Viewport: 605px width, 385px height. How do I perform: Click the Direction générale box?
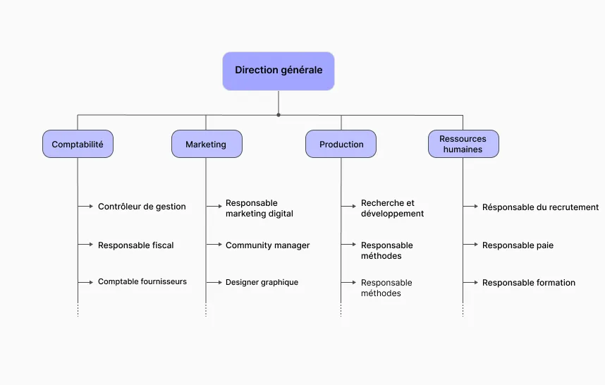[279, 71]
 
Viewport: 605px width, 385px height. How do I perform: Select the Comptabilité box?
[78, 144]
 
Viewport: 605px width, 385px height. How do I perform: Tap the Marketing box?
[207, 144]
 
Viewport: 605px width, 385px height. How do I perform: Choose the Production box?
[341, 144]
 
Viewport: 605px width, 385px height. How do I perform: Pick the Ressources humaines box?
[463, 144]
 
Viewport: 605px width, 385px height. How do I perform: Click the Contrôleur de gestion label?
[142, 207]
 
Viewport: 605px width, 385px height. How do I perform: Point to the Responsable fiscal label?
[136, 245]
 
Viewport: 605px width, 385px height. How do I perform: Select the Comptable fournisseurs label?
[142, 281]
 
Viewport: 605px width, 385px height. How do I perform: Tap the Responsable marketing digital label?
[259, 208]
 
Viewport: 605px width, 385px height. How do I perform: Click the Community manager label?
[267, 245]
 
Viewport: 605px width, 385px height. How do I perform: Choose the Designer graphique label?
[262, 282]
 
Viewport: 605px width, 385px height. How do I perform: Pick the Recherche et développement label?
[392, 208]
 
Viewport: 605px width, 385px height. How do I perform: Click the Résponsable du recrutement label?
[540, 207]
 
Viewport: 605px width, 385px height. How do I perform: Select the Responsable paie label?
[518, 245]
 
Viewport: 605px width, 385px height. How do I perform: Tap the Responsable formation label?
[529, 282]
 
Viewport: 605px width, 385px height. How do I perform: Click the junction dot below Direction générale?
[279, 115]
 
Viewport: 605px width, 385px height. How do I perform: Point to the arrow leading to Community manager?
[214, 244]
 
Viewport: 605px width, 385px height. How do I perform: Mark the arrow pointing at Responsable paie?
[471, 244]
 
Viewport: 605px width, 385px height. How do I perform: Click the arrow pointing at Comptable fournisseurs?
[85, 282]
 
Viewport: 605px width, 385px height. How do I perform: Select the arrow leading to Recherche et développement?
[348, 207]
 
